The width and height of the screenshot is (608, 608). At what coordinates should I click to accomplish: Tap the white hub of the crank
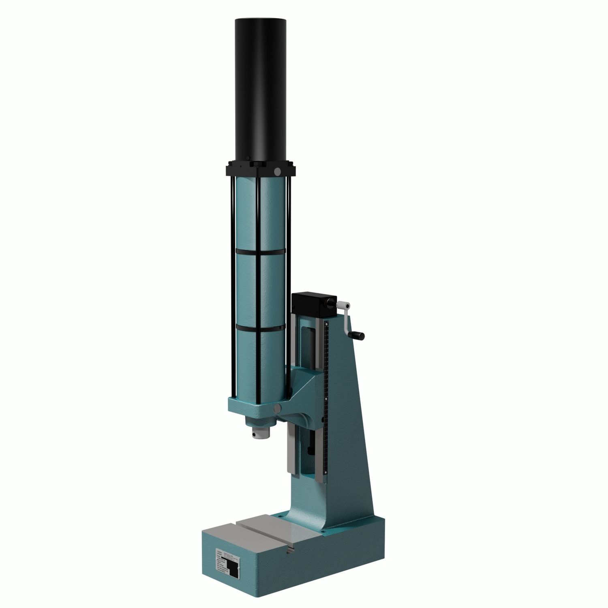pyautogui.click(x=346, y=304)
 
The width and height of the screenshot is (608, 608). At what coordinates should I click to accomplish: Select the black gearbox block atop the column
pyautogui.click(x=312, y=305)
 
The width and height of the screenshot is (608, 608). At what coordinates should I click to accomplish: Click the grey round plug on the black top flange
pyautogui.click(x=277, y=172)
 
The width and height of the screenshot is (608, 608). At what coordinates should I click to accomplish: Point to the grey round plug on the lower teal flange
pyautogui.click(x=278, y=407)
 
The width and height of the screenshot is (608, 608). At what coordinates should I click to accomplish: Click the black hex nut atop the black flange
pyautogui.click(x=257, y=164)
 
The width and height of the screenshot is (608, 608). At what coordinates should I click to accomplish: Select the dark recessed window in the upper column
pyautogui.click(x=308, y=344)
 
